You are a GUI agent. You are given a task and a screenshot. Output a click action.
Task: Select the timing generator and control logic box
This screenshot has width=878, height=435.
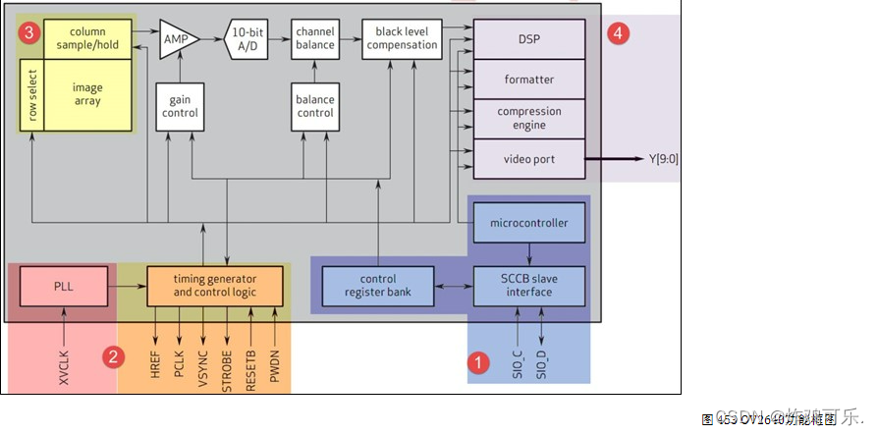216,287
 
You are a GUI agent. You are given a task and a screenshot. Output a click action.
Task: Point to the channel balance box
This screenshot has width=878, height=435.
315,38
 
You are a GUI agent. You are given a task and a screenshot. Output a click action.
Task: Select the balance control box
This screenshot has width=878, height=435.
315,106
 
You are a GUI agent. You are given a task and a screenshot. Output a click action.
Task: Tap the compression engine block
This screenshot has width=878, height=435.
529,119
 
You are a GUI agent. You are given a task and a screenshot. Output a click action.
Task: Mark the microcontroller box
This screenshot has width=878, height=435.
529,223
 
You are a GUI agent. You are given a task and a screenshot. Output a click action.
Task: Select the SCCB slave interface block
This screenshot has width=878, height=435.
529,286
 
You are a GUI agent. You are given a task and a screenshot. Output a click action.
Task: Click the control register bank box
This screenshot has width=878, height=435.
378,286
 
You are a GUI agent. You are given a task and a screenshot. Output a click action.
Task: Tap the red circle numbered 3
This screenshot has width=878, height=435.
30,32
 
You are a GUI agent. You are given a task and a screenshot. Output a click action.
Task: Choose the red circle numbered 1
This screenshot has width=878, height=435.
478,362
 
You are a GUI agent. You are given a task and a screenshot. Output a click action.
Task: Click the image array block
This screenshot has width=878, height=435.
87,94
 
